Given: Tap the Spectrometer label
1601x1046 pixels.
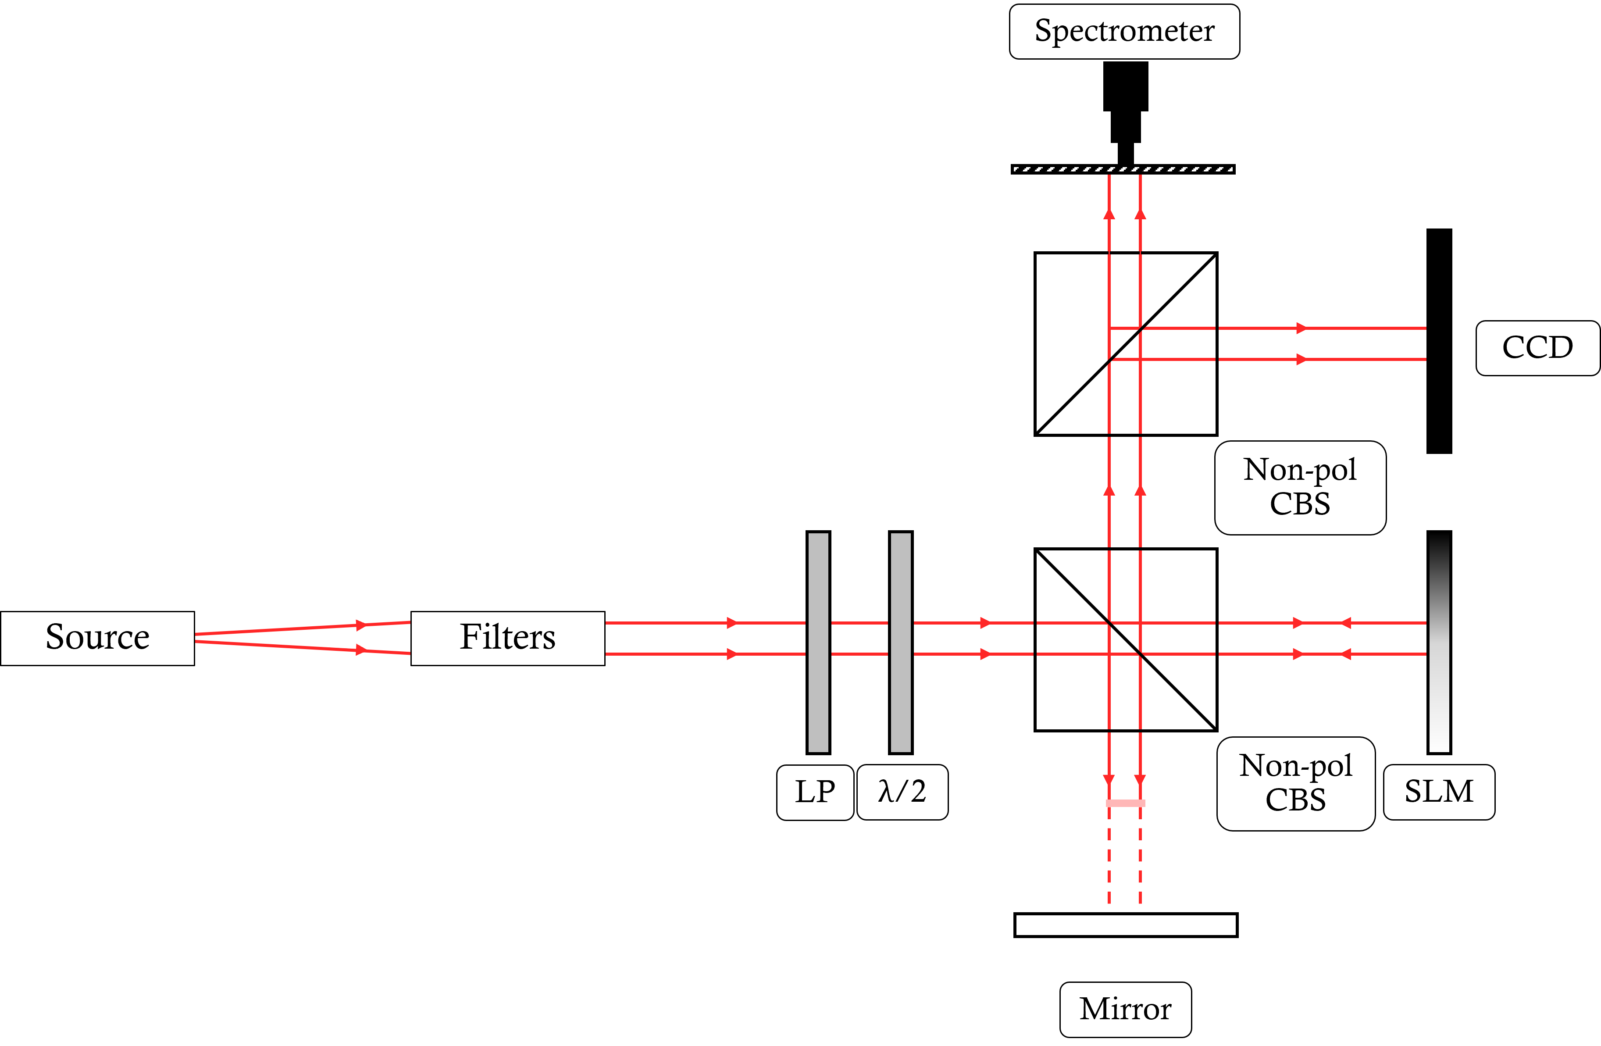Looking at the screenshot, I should (1124, 32).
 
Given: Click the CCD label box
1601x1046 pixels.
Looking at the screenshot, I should (1537, 348).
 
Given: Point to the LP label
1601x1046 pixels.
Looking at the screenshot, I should (815, 792).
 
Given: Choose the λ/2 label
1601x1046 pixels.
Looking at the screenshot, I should (902, 792).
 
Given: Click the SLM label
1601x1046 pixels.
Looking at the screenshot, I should (1439, 792).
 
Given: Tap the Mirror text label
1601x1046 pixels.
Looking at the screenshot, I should (1125, 1009).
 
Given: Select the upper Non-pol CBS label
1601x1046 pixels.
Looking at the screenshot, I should (1300, 487).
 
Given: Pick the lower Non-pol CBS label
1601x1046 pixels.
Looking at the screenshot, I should (1296, 783).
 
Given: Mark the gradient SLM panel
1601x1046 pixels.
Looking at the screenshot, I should (1439, 643).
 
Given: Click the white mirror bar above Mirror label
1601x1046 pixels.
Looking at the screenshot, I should (1125, 925).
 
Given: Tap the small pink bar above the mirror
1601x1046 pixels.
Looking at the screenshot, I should (1125, 803).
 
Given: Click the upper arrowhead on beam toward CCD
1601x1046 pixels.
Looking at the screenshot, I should (1301, 328).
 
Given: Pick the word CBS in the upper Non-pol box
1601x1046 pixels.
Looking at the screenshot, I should (1300, 504).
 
